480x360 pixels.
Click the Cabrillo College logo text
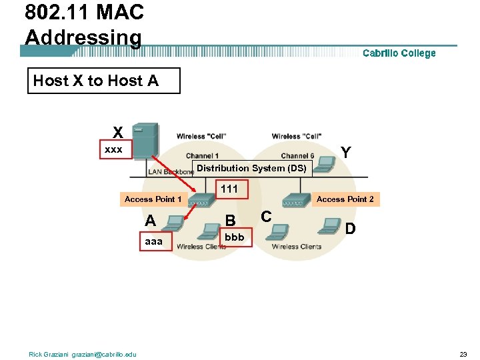399,53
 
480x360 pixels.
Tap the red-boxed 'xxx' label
114,150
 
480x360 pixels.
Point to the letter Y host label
346,153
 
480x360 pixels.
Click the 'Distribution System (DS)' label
251,168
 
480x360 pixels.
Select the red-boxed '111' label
229,189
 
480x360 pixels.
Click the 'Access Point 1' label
153,199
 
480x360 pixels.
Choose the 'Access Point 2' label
345,199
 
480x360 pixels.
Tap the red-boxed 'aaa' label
154,241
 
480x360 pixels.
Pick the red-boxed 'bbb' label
235,237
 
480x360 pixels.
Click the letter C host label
266,217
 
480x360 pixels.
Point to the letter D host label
351,229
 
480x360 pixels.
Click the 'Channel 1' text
202,156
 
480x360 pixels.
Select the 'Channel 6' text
297,156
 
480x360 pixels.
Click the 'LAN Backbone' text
171,172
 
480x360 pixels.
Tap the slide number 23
463,354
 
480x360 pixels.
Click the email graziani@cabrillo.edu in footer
106,354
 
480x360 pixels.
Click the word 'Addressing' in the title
83,37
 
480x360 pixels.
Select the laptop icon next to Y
325,163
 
